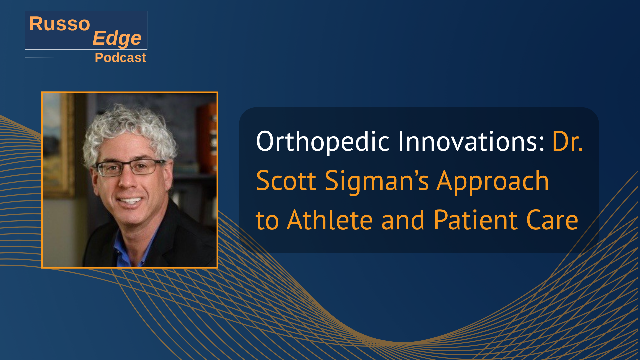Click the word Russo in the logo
tap(60, 24)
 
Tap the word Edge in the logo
tap(117, 38)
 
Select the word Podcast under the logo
tap(120, 58)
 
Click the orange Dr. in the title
tap(568, 141)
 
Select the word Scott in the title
tap(286, 180)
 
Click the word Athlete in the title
tap(330, 220)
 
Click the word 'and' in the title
tap(403, 220)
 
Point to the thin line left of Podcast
tap(57, 58)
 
